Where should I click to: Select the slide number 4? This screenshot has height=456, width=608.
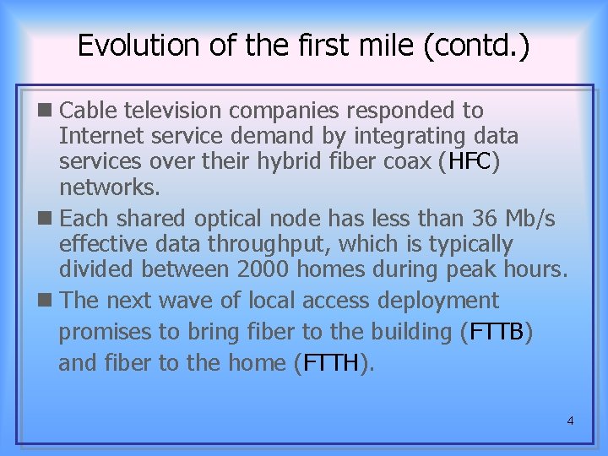pos(570,420)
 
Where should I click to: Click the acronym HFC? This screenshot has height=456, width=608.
pos(470,160)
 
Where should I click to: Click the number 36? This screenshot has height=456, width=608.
pos(486,219)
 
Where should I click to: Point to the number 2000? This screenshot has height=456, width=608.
pos(266,270)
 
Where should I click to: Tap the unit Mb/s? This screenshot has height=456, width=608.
pos(529,219)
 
